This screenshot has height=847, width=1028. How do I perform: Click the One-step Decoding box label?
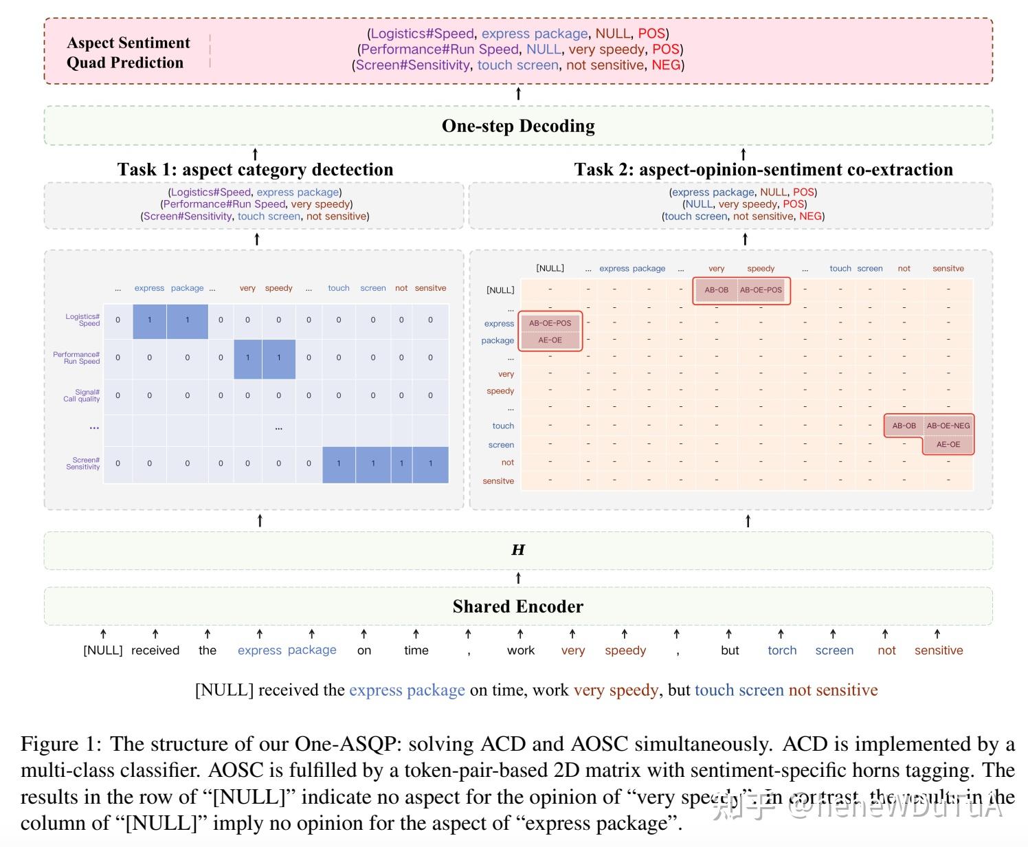tap(518, 126)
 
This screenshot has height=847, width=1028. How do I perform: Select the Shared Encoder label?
tap(517, 606)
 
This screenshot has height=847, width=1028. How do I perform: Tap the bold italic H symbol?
tap(518, 550)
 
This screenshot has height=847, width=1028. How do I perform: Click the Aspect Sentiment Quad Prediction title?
tap(128, 52)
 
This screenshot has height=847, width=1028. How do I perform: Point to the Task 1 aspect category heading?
tap(255, 170)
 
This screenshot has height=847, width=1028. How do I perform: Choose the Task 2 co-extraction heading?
tap(763, 170)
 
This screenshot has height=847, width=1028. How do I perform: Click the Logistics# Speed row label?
tap(83, 320)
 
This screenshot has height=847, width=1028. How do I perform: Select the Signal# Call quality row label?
tap(82, 395)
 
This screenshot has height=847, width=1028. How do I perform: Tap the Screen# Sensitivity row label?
tap(83, 463)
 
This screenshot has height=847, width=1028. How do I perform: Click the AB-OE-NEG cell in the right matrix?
tap(948, 426)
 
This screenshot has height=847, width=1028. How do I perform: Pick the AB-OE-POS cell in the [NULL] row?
tap(761, 290)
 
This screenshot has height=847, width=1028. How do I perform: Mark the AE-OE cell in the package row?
tap(550, 340)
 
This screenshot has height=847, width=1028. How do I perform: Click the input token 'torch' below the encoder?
tap(782, 650)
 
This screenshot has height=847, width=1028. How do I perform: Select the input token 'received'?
tap(155, 650)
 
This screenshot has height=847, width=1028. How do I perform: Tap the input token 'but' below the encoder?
tap(730, 650)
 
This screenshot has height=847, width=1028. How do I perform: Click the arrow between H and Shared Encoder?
tap(518, 578)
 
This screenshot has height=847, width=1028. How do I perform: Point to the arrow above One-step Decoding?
tap(518, 93)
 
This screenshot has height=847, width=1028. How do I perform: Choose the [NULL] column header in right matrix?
tap(550, 268)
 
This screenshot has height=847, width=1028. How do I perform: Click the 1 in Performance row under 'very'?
tap(248, 357)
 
